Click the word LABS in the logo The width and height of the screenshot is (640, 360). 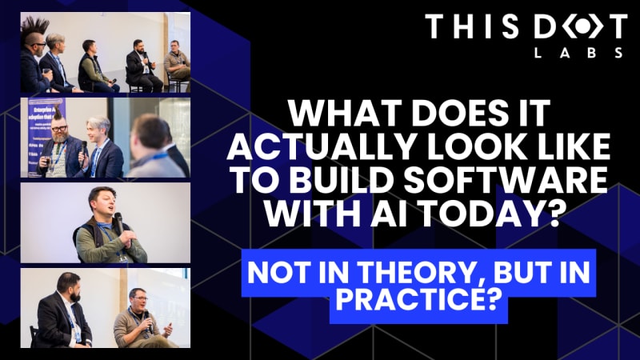point(578,53)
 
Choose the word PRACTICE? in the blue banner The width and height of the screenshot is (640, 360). point(418,299)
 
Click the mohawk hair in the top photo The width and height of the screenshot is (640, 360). point(34,29)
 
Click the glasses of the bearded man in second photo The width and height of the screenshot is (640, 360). point(59,129)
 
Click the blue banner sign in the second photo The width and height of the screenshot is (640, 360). point(46,137)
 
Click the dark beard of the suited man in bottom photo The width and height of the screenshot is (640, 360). point(74,295)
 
